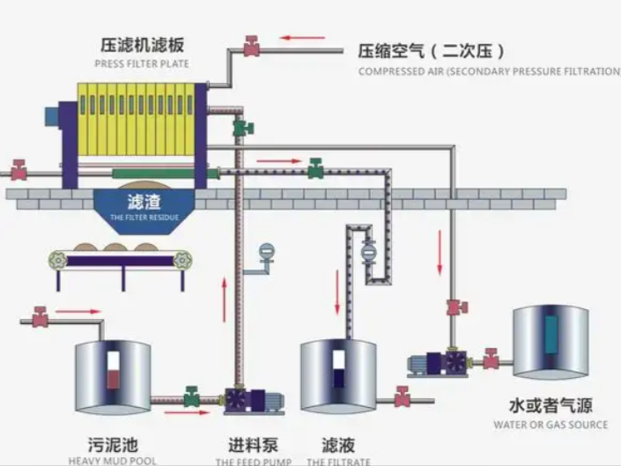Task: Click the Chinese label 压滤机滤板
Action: [142, 45]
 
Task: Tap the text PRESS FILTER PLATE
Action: [142, 63]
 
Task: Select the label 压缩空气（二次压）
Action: [432, 51]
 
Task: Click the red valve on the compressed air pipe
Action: [252, 46]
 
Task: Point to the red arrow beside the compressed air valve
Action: [302, 39]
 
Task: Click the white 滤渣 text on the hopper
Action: [144, 202]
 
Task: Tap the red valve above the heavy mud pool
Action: [40, 316]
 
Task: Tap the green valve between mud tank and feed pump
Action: [191, 396]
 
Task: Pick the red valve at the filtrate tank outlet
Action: [403, 396]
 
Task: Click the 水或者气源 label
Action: [551, 406]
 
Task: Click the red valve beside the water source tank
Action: [491, 358]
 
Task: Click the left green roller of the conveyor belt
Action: [58, 260]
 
